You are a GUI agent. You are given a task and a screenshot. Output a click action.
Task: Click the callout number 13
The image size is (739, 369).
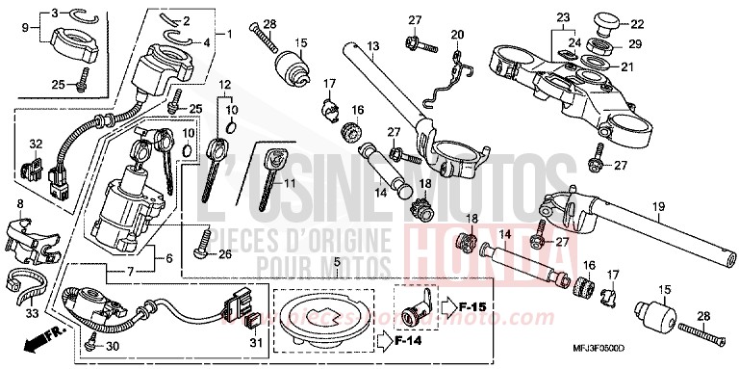click(374, 46)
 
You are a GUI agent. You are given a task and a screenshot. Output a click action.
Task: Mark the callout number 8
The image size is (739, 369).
click(20, 204)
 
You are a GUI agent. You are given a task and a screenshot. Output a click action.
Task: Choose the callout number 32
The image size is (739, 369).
click(36, 143)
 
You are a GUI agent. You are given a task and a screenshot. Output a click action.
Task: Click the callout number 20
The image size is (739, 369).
click(457, 35)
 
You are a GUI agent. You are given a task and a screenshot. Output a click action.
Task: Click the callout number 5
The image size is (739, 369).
click(337, 261)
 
